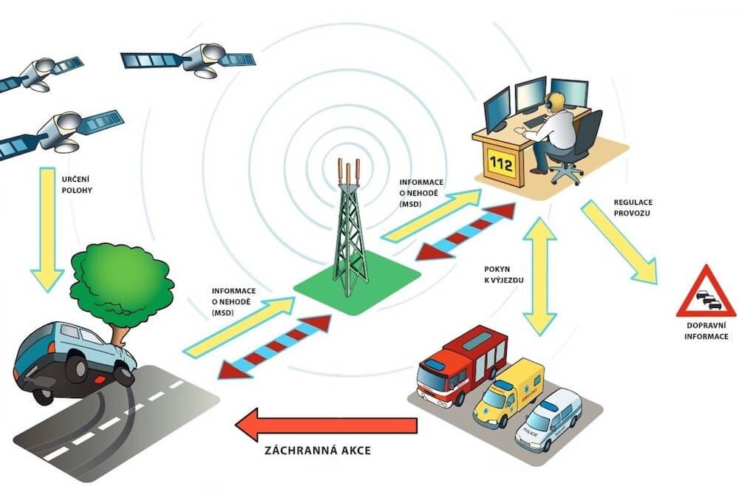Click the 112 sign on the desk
pyautogui.click(x=501, y=165)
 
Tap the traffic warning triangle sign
pyautogui.click(x=706, y=293)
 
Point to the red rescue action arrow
pyautogui.click(x=325, y=424)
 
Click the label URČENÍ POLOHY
pyautogui.click(x=76, y=183)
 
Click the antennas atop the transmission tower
pyautogui.click(x=349, y=171)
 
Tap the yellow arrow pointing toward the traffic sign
pyautogui.click(x=619, y=241)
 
